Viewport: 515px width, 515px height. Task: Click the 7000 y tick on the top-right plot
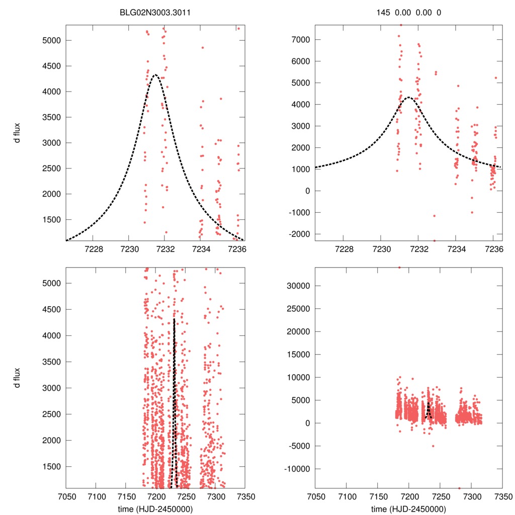click(x=301, y=39)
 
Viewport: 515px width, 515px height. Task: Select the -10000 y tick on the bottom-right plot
click(x=297, y=469)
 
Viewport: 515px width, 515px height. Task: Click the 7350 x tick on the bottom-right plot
click(x=502, y=496)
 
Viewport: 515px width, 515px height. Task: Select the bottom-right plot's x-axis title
click(x=408, y=508)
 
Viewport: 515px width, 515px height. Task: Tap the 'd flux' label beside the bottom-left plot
click(x=17, y=378)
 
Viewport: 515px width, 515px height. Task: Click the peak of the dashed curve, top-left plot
click(x=155, y=75)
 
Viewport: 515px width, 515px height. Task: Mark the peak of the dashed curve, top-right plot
click(x=408, y=98)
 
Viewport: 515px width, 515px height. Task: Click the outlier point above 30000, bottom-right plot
click(x=400, y=268)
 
